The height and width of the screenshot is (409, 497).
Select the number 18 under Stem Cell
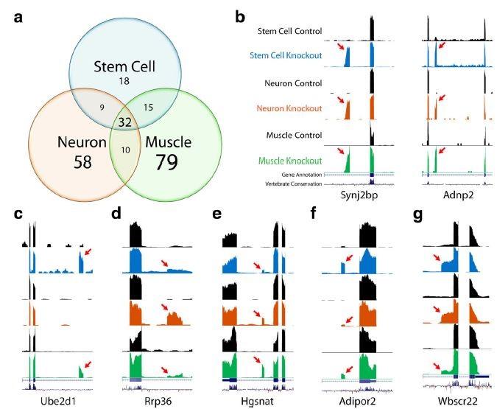[124, 79]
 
